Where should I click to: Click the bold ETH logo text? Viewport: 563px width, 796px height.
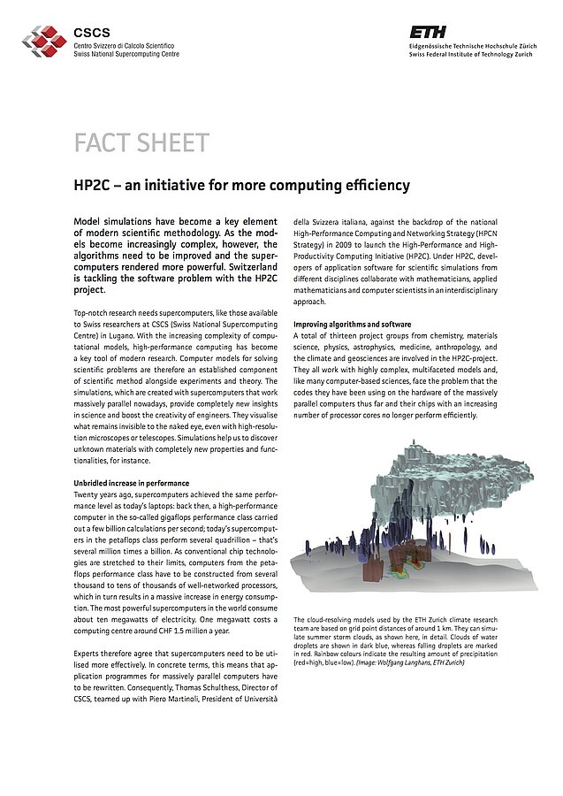click(x=426, y=30)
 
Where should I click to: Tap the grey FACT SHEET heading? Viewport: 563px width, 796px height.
click(x=141, y=143)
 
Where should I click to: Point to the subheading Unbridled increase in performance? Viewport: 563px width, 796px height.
click(x=131, y=483)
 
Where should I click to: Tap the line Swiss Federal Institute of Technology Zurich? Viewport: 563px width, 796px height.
click(x=471, y=54)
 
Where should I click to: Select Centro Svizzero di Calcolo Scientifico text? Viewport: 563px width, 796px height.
click(x=124, y=44)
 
